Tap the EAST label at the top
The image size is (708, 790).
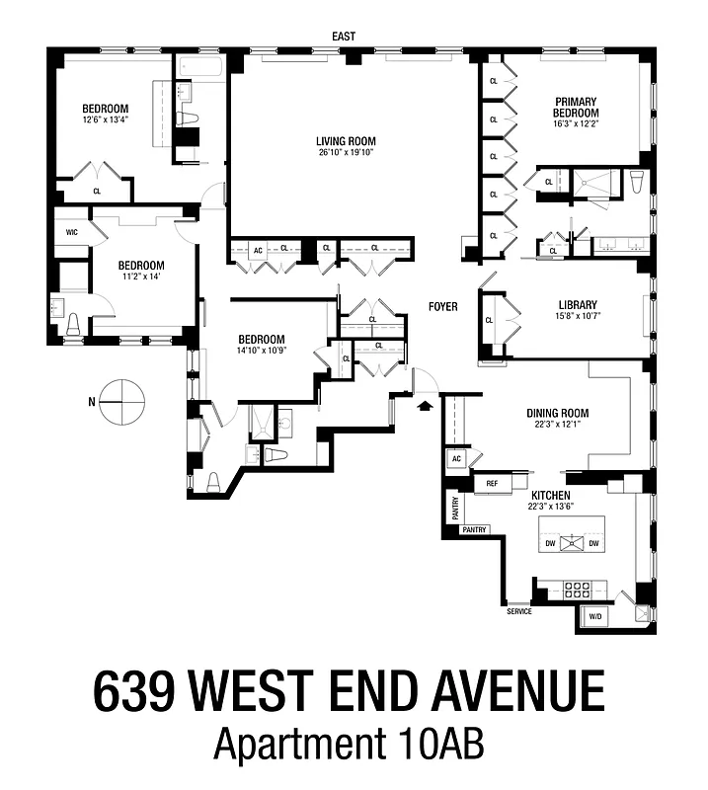(344, 37)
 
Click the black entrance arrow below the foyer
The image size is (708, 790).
(426, 404)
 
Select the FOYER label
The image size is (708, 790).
(442, 307)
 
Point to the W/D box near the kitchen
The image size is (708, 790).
(594, 616)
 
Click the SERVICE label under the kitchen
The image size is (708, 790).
(518, 611)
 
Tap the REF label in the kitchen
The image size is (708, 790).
(491, 484)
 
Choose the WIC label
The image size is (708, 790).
(71, 232)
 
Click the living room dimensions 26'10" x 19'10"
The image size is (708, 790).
(347, 153)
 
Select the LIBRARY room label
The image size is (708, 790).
(577, 304)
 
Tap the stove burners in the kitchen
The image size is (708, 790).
(577, 590)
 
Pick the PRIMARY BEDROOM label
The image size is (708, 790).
(577, 107)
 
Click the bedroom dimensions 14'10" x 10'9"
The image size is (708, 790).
(261, 351)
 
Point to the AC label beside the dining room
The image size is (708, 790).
(456, 459)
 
